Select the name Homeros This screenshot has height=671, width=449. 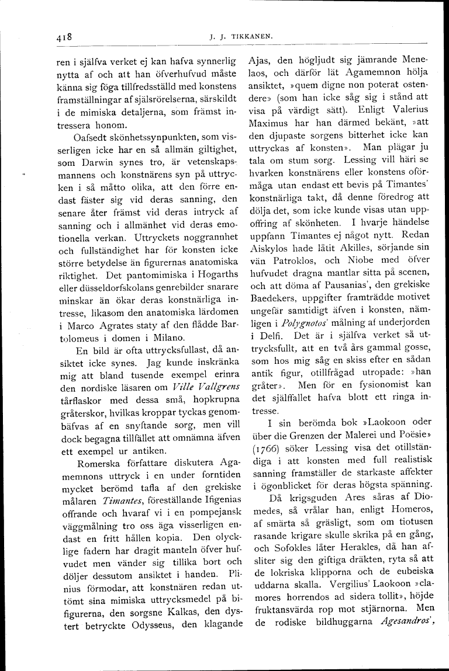(403, 510)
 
